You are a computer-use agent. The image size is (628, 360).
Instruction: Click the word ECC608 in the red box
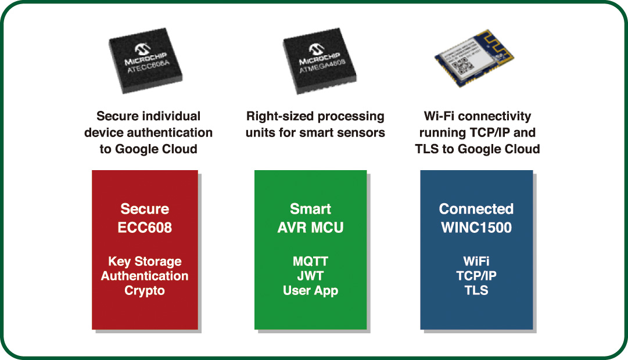point(145,228)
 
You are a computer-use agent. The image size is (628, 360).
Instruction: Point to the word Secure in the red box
point(145,209)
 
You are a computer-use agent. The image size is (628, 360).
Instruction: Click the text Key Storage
point(145,261)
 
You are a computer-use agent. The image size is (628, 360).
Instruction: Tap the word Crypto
point(145,290)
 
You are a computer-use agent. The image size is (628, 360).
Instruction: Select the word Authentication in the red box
point(145,276)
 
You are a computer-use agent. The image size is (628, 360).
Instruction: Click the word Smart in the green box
point(310,209)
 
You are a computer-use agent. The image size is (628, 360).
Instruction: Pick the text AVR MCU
point(310,228)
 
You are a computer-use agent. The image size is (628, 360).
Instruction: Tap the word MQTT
point(310,261)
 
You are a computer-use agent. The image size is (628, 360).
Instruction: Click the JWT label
point(310,276)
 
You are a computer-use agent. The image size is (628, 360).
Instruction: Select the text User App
point(310,290)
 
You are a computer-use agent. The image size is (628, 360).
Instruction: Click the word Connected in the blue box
point(476,209)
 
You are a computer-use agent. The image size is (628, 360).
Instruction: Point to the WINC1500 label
point(476,228)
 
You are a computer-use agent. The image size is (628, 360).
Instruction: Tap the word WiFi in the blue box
point(476,261)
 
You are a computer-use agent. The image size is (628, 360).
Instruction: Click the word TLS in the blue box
point(476,290)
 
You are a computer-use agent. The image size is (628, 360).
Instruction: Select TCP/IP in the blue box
point(476,276)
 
